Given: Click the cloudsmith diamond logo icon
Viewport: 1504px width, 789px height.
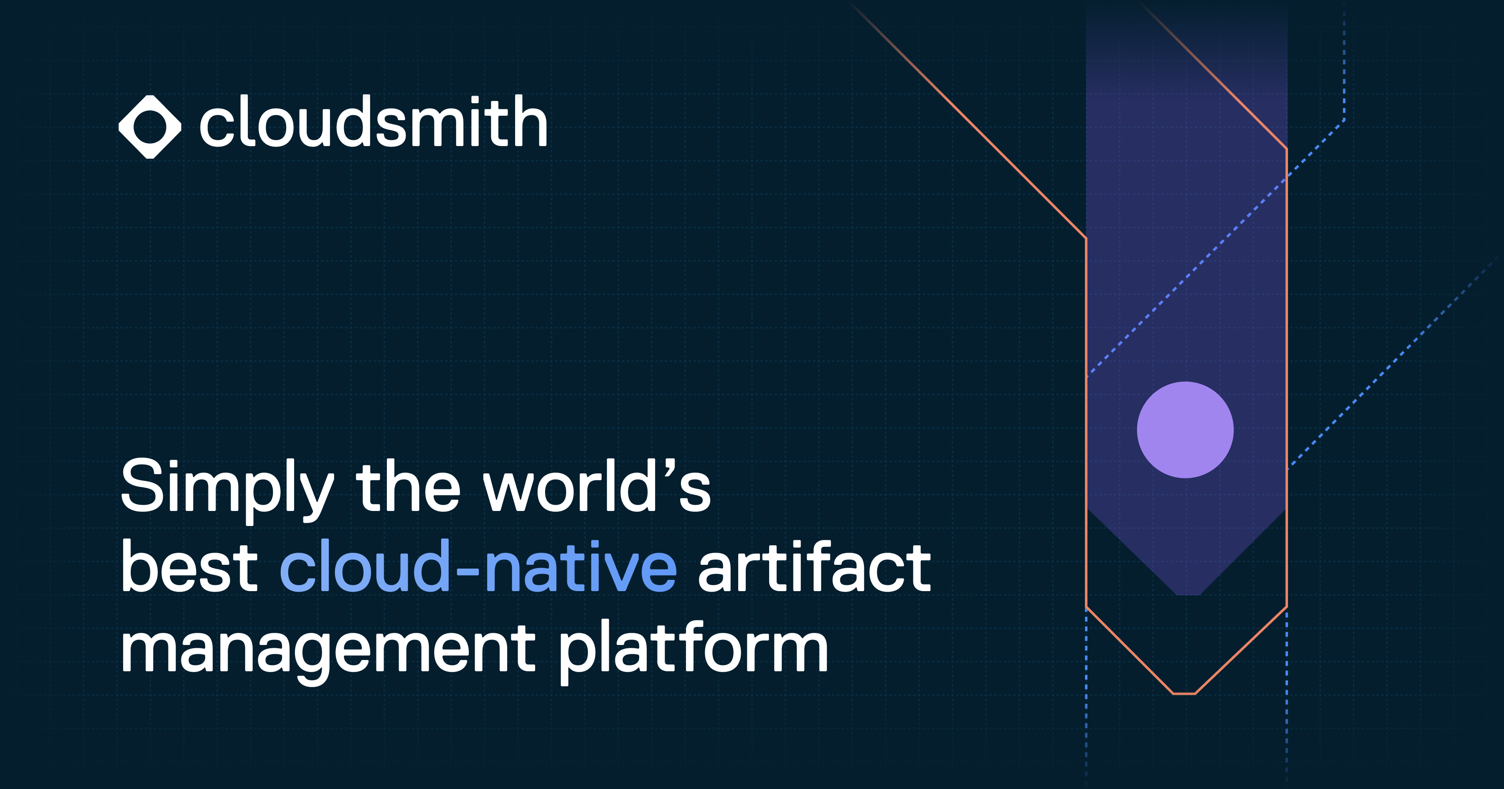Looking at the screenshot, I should click(x=150, y=126).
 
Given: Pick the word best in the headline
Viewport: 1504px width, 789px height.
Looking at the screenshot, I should click(x=189, y=566).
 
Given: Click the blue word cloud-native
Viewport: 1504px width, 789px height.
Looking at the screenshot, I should click(x=479, y=566).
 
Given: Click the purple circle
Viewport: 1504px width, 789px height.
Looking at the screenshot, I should click(x=1185, y=430).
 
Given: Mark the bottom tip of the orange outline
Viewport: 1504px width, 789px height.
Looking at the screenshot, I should click(x=1184, y=693).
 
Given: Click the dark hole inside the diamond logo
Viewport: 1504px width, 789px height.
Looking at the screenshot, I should click(x=150, y=126).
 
